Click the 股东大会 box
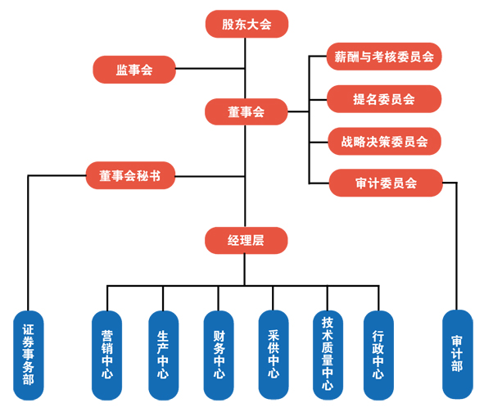[247, 24]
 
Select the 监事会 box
[134, 70]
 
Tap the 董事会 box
[247, 111]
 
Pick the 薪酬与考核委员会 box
[384, 57]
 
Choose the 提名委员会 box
[384, 99]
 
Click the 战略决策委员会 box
[384, 142]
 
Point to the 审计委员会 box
[386, 183]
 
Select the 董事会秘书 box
[130, 175]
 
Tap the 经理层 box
[247, 240]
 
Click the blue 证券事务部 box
[29, 356]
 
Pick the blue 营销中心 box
[106, 356]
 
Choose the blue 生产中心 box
[164, 356]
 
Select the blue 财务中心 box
[219, 356]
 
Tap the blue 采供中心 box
[274, 355]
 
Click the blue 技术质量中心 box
[328, 356]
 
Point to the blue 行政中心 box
[378, 356]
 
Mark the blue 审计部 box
[458, 354]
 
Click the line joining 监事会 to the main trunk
[210, 68]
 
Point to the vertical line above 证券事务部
[28, 243]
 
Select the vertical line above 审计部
[456, 247]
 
